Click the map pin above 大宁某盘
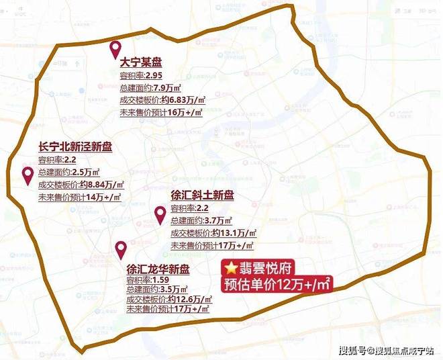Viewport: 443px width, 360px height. pyautogui.click(x=115, y=48)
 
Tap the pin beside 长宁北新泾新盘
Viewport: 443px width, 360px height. pyautogui.click(x=28, y=176)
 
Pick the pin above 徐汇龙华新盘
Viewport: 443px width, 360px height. pyautogui.click(x=121, y=249)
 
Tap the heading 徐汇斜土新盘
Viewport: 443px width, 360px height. pyautogui.click(x=202, y=195)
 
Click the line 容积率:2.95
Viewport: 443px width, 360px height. pyautogui.click(x=142, y=77)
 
